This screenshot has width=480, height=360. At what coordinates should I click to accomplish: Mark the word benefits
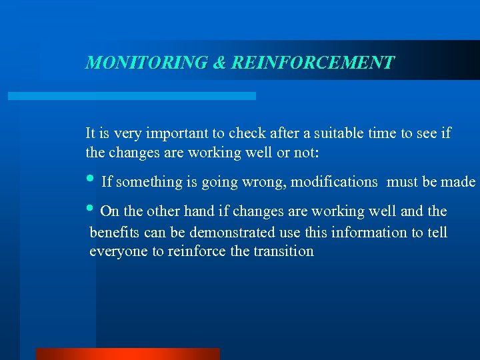113,232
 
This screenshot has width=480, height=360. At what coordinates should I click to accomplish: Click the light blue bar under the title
131,96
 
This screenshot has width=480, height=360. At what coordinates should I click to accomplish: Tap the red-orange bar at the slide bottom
127,354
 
